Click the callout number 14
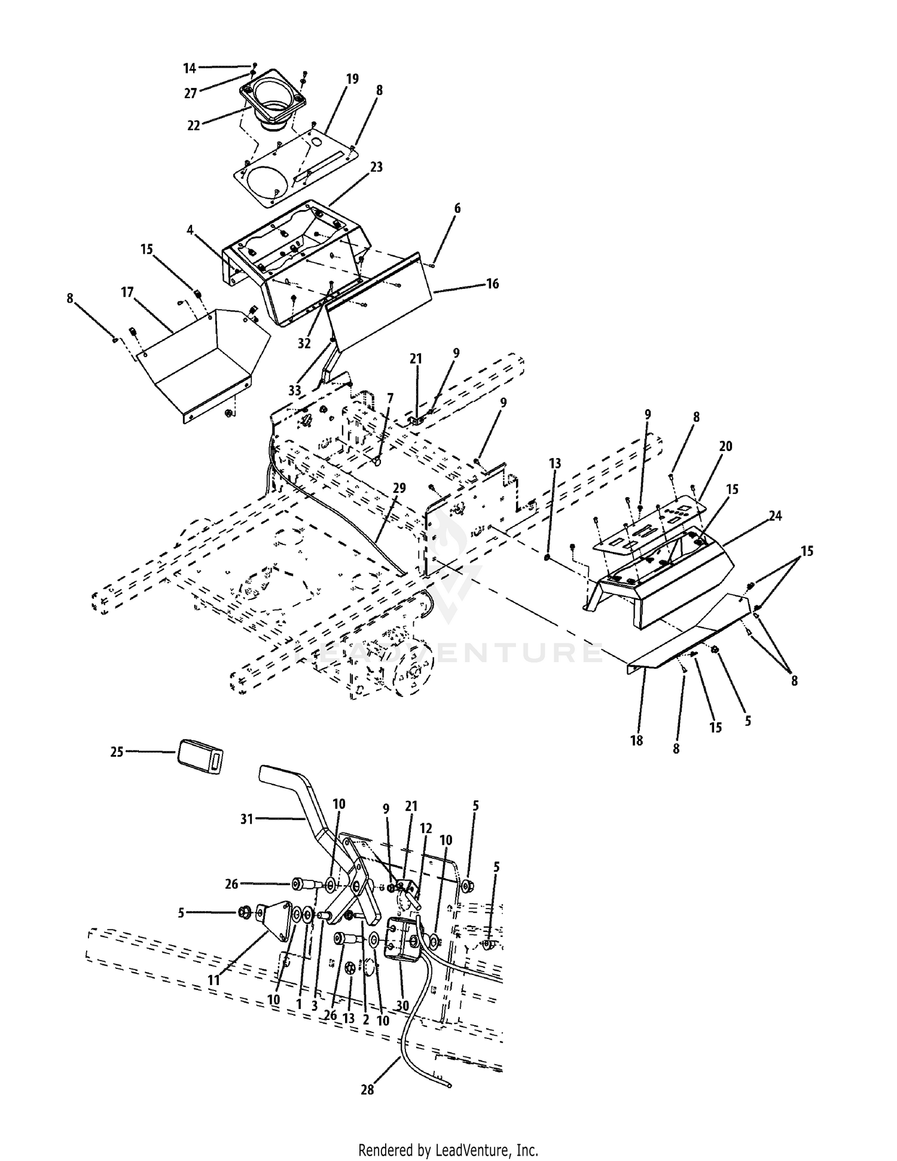coord(190,69)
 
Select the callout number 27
coord(191,94)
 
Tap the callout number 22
coord(193,126)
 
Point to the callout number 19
coord(352,79)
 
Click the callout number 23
coord(376,167)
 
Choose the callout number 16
coord(492,284)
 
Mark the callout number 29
coord(399,488)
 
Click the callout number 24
coord(775,516)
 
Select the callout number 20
coord(725,446)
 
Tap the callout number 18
coord(636,741)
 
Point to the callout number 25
coord(117,752)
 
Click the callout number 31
coord(247,819)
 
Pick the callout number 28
coord(367,1090)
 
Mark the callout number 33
coord(295,391)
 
